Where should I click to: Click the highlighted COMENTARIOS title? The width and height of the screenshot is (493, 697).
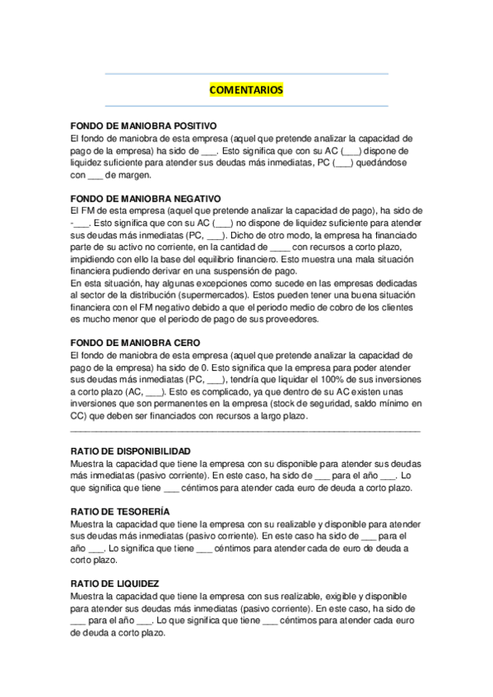pyautogui.click(x=246, y=90)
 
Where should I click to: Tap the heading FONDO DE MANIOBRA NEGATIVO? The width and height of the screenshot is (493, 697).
pyautogui.click(x=146, y=198)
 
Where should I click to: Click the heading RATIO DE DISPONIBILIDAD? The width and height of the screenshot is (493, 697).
pyautogui.click(x=132, y=451)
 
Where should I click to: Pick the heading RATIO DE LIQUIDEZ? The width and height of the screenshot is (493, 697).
pyautogui.click(x=115, y=584)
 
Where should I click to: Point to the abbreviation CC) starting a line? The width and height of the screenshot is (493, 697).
pyautogui.click(x=79, y=416)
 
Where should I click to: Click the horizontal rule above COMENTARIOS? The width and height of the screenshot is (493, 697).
pyautogui.click(x=246, y=74)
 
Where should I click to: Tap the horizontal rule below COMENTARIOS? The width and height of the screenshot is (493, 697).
pyautogui.click(x=246, y=105)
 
